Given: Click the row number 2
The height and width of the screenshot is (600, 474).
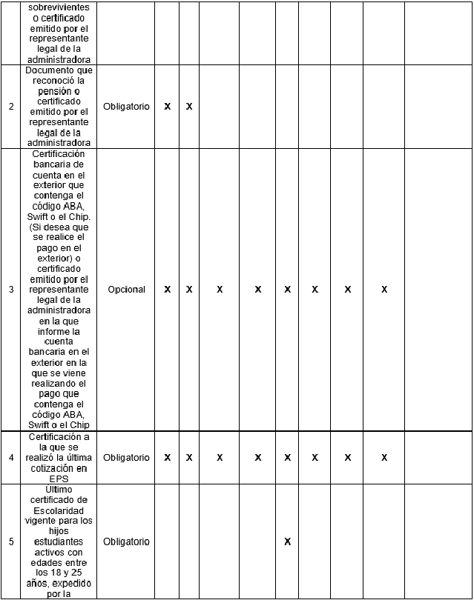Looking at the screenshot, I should [x=11, y=107].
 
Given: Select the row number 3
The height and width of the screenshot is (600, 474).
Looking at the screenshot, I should [x=11, y=290].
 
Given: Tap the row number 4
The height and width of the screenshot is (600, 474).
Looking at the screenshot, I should [x=11, y=458].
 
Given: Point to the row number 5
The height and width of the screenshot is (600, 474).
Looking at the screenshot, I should [x=11, y=541].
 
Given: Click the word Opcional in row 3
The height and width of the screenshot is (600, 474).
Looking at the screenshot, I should [x=126, y=290].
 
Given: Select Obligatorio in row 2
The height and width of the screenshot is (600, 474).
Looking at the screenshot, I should [x=126, y=107].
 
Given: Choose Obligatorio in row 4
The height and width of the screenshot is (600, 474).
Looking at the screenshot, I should [x=126, y=458].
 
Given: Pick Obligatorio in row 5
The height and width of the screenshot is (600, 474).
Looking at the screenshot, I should [x=126, y=541].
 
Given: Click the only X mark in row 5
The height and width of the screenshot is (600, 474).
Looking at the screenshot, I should [x=287, y=541].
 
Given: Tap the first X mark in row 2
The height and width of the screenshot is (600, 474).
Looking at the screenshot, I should [x=168, y=107].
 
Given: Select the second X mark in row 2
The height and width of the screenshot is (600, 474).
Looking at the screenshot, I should [x=189, y=107].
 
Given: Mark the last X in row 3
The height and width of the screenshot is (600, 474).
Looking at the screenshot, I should [x=384, y=290].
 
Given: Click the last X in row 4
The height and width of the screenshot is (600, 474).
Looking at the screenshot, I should [x=384, y=458].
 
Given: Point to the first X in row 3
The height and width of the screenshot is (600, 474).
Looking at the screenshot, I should [x=168, y=290].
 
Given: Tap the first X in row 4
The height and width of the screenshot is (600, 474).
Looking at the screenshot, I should [x=168, y=458].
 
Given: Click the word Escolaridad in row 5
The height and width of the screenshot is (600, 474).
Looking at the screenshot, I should [x=59, y=512].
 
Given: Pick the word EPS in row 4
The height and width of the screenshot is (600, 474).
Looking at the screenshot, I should [x=59, y=479].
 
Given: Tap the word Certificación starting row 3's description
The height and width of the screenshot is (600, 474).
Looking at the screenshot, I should [x=59, y=153].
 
